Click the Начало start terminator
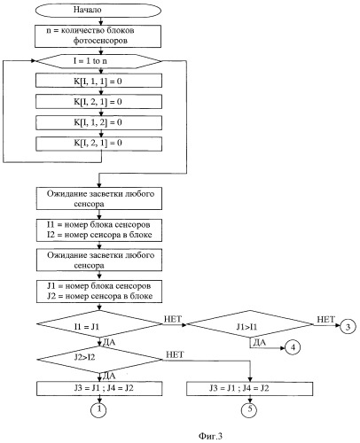98,10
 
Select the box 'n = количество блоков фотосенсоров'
98,36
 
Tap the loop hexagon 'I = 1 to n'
98,61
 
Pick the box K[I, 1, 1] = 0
98,81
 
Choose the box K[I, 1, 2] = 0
98,122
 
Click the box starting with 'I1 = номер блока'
99,230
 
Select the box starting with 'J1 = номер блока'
99,291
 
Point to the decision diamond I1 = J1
99,324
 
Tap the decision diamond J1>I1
250,324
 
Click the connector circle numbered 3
348,326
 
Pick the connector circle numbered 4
293,347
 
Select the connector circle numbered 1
99,409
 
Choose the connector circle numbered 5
250,409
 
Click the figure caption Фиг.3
210,436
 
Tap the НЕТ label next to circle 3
325,319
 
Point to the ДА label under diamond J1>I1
260,343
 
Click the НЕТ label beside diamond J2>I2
175,354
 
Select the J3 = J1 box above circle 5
250,389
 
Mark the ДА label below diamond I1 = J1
109,342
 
